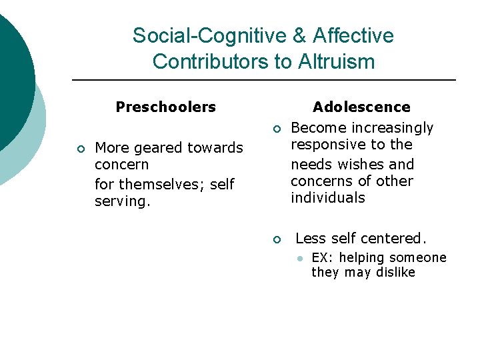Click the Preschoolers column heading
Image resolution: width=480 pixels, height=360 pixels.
[165, 107]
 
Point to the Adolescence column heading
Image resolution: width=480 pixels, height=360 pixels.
[361, 107]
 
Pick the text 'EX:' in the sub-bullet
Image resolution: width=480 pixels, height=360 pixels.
[321, 258]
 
